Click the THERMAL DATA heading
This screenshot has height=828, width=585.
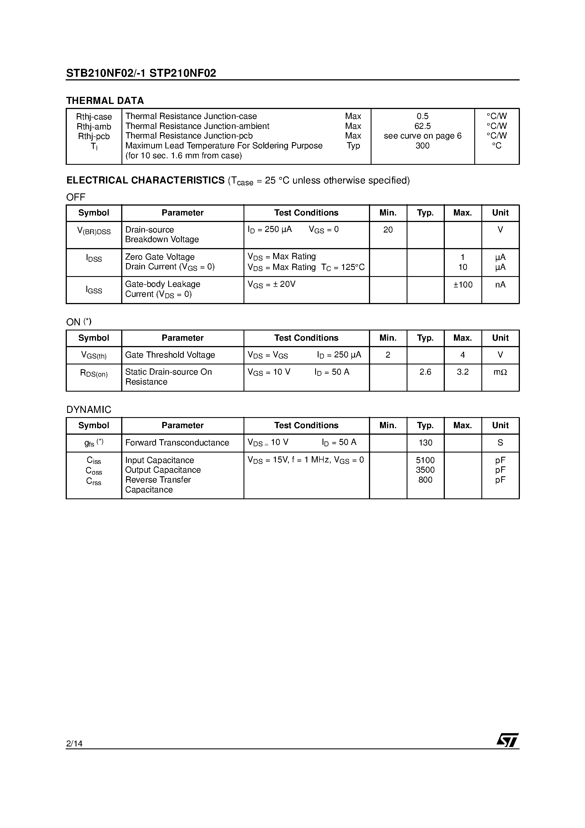(x=105, y=101)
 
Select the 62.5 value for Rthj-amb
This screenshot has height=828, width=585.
(x=422, y=126)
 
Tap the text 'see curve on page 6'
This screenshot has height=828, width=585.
(x=422, y=136)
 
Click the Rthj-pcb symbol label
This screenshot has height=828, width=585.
(x=94, y=136)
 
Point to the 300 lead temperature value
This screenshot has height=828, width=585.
(x=422, y=146)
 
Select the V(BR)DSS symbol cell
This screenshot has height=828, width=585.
(x=94, y=231)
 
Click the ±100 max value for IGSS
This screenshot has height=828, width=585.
(x=463, y=285)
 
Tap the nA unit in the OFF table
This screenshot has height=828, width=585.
(x=500, y=285)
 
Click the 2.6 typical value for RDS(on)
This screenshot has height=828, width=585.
(x=425, y=372)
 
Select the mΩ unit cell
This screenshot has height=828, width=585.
(x=500, y=372)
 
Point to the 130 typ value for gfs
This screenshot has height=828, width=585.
(x=425, y=443)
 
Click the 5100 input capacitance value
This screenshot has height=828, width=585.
(x=425, y=460)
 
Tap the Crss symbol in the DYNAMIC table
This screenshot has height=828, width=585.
(x=94, y=481)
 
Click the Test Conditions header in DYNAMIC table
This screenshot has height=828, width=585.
(x=306, y=426)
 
